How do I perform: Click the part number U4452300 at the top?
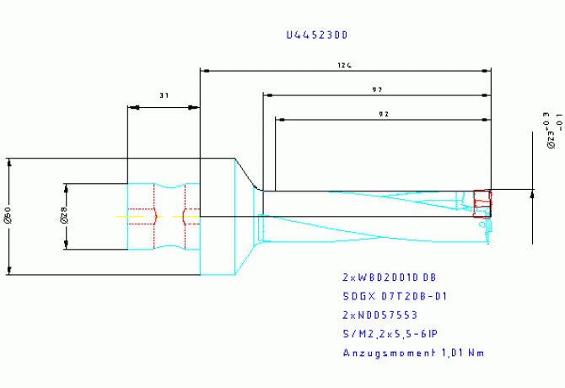click(x=316, y=35)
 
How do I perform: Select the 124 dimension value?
click(x=343, y=65)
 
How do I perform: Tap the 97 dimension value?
click(x=377, y=89)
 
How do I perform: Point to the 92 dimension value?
click(x=384, y=114)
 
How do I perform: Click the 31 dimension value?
click(x=163, y=96)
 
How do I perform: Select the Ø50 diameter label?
click(x=8, y=217)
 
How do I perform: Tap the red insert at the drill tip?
click(x=482, y=203)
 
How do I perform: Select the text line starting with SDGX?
click(x=394, y=296)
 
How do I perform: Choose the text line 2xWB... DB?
click(x=389, y=277)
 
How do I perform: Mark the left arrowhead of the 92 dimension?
click(x=280, y=120)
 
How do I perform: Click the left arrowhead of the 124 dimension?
click(x=203, y=70)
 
